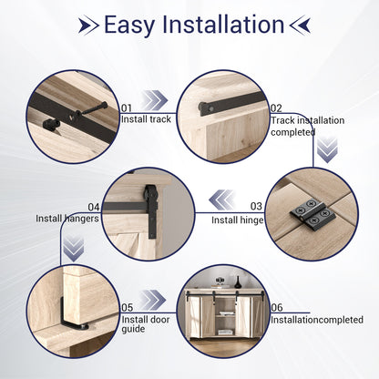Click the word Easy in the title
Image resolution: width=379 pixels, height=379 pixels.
tap(132, 25)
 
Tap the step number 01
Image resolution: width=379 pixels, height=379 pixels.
tap(128, 108)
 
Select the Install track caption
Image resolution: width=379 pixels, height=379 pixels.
tap(148, 118)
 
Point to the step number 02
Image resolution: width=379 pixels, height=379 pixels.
tap(276, 108)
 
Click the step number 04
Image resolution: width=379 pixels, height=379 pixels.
tap(93, 207)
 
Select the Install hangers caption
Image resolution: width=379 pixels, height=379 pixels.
tap(67, 219)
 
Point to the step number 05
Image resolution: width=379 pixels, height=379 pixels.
tap(128, 308)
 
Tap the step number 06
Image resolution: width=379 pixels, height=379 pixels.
tap(276, 308)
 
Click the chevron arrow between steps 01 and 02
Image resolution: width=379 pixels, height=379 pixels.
tap(156, 101)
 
